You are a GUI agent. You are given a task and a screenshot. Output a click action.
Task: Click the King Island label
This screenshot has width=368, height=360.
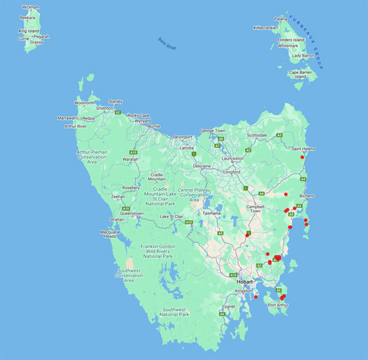tap(29, 31)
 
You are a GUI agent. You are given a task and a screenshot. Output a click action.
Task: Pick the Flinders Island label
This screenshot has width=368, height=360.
tap(290, 40)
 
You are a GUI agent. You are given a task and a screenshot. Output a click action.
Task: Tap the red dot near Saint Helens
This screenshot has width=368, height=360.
tap(302, 158)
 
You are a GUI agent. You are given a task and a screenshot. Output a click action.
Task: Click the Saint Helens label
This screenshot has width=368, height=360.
tap(304, 149)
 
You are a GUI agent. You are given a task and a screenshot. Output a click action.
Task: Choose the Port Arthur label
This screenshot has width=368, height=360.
tap(278, 304)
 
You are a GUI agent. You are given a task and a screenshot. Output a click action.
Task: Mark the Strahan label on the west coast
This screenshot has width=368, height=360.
tap(117, 219)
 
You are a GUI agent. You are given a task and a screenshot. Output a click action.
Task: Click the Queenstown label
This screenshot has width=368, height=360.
tap(131, 213)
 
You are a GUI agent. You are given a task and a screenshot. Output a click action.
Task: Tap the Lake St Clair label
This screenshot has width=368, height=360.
tap(172, 216)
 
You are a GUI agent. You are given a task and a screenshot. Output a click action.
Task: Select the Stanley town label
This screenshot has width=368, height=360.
tap(115, 101)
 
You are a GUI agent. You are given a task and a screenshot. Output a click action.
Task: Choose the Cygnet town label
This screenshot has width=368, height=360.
tap(229, 306)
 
